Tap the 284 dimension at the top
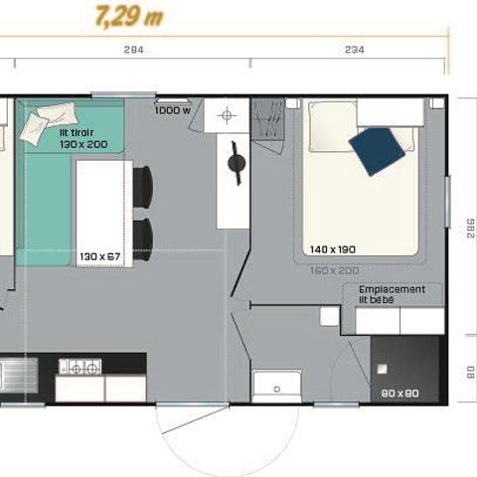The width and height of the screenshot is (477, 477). [x=133, y=50]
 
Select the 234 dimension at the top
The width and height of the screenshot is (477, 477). [x=353, y=50]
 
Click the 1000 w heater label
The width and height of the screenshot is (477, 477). [x=172, y=110]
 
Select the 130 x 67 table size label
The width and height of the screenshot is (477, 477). [x=99, y=256]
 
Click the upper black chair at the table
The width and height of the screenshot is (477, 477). [x=145, y=186]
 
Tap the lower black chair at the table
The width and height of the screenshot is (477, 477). [x=145, y=237]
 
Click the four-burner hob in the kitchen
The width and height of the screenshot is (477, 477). [x=79, y=367]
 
